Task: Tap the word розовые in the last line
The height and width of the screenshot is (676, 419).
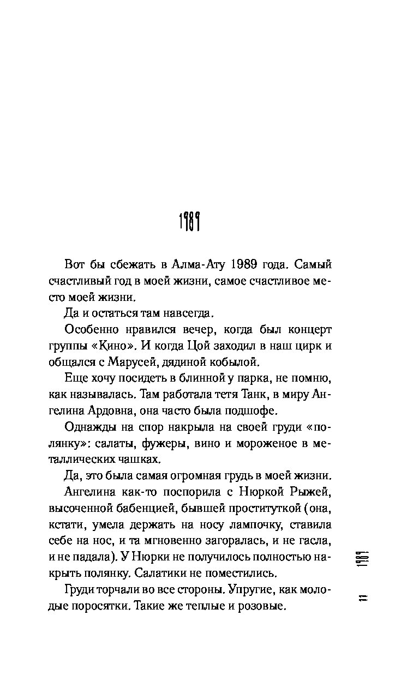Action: click(x=261, y=607)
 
